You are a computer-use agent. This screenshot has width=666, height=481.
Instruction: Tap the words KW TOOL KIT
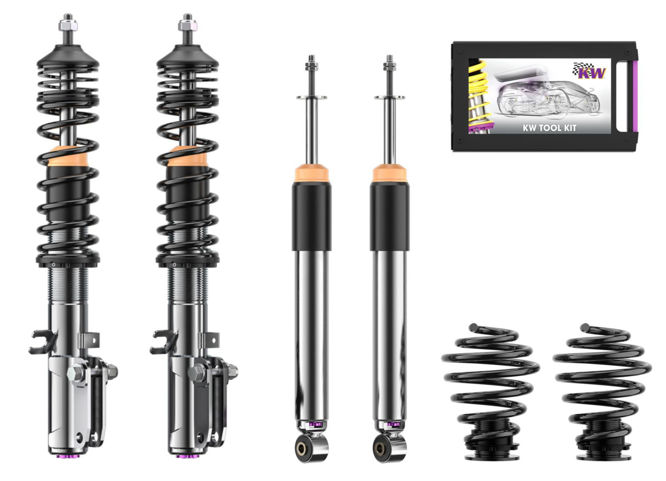[549, 128]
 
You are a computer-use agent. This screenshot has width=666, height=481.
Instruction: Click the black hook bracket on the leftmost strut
[41, 342]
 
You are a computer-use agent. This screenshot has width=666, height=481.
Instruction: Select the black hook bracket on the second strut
[162, 342]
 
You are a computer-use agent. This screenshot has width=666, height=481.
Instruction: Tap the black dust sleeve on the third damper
[312, 217]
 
